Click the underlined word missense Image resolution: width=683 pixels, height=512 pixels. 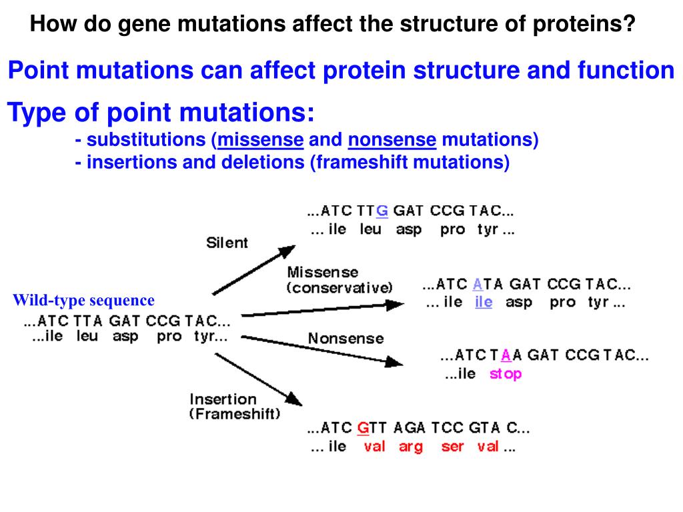point(261,140)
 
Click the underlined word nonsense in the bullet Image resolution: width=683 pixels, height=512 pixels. point(392,140)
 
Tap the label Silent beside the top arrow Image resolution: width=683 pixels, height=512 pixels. point(227,243)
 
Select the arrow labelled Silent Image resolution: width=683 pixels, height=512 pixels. point(253,270)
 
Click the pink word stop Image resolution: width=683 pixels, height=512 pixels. point(505,374)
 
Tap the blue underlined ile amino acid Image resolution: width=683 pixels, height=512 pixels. point(484,302)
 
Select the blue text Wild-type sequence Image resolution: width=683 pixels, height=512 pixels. point(83,301)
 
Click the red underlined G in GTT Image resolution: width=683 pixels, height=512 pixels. point(363,427)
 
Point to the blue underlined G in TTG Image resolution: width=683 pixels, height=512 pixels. point(382,211)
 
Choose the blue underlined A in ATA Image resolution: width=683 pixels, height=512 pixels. point(477,285)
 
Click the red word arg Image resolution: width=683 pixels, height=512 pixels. point(411,447)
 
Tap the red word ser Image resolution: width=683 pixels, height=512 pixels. point(452,447)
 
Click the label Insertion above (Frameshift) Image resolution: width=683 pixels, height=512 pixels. point(223,399)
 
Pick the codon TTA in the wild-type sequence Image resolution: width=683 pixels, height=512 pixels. point(86,320)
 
